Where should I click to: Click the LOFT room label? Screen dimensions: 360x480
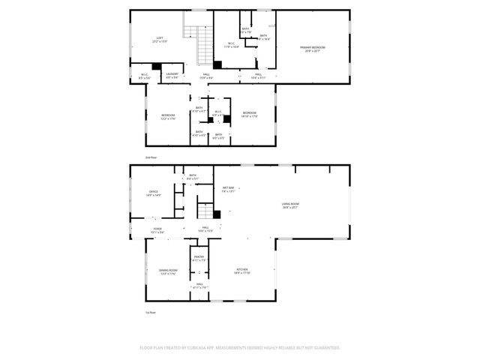(x=159, y=39)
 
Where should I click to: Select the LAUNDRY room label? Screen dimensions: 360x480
(x=172, y=75)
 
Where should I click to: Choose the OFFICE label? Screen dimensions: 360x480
(x=154, y=193)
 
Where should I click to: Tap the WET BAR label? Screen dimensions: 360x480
(x=228, y=189)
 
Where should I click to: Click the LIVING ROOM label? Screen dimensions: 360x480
(x=290, y=205)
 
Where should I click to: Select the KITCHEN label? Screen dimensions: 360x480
(x=242, y=271)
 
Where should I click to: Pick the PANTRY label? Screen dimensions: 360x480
(x=199, y=259)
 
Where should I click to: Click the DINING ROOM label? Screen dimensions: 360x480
(x=167, y=271)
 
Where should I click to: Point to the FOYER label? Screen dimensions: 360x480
(x=157, y=230)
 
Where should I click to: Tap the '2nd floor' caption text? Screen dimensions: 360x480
(x=151, y=158)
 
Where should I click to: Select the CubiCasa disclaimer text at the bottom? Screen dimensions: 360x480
(x=240, y=347)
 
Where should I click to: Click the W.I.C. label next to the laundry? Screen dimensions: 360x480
(x=145, y=75)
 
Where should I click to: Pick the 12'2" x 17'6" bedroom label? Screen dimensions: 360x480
(x=167, y=116)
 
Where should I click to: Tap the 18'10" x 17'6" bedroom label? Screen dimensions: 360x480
(x=249, y=115)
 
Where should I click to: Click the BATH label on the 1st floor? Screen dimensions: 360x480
(x=193, y=177)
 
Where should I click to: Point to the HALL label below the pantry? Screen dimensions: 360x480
(x=200, y=285)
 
